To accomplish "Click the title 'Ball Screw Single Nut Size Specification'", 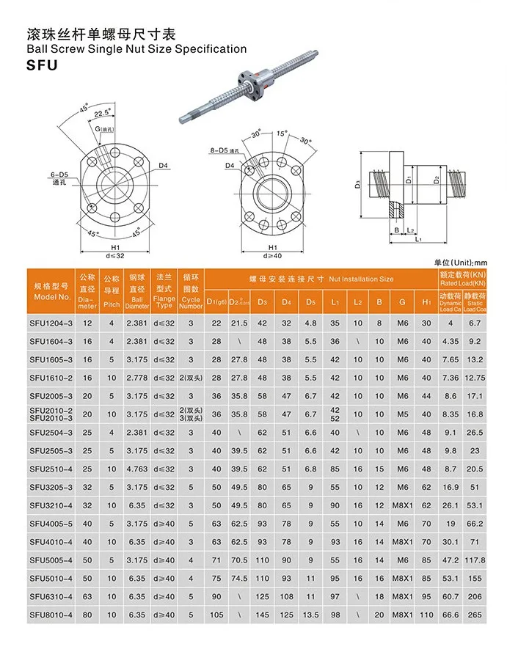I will click(136, 48).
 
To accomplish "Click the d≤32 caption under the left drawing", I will click(116, 256).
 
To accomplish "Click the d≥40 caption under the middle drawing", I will click(274, 256).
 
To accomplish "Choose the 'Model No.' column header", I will click(52, 297).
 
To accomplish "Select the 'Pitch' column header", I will click(112, 303).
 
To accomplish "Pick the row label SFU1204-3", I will click(52, 323).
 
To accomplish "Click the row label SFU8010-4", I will click(52, 615).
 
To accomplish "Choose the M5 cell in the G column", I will click(403, 414).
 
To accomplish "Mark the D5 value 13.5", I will click(311, 615).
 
